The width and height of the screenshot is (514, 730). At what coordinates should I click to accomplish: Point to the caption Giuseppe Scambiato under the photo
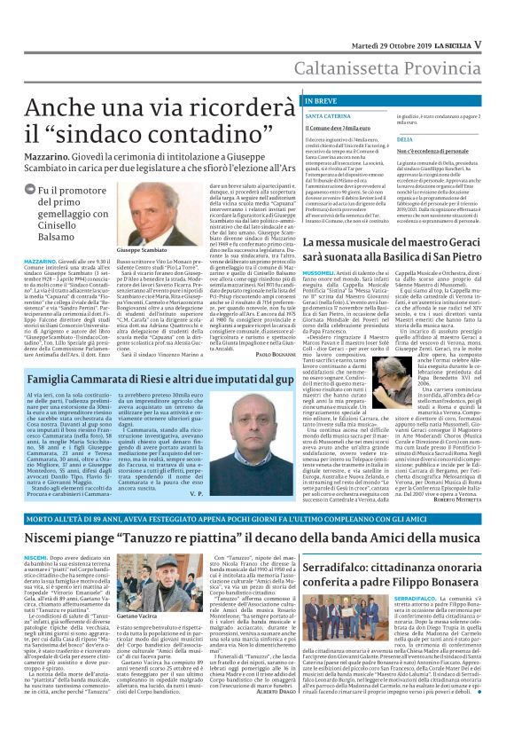[142, 252]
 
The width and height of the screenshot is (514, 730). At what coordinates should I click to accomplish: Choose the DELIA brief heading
[405, 140]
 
